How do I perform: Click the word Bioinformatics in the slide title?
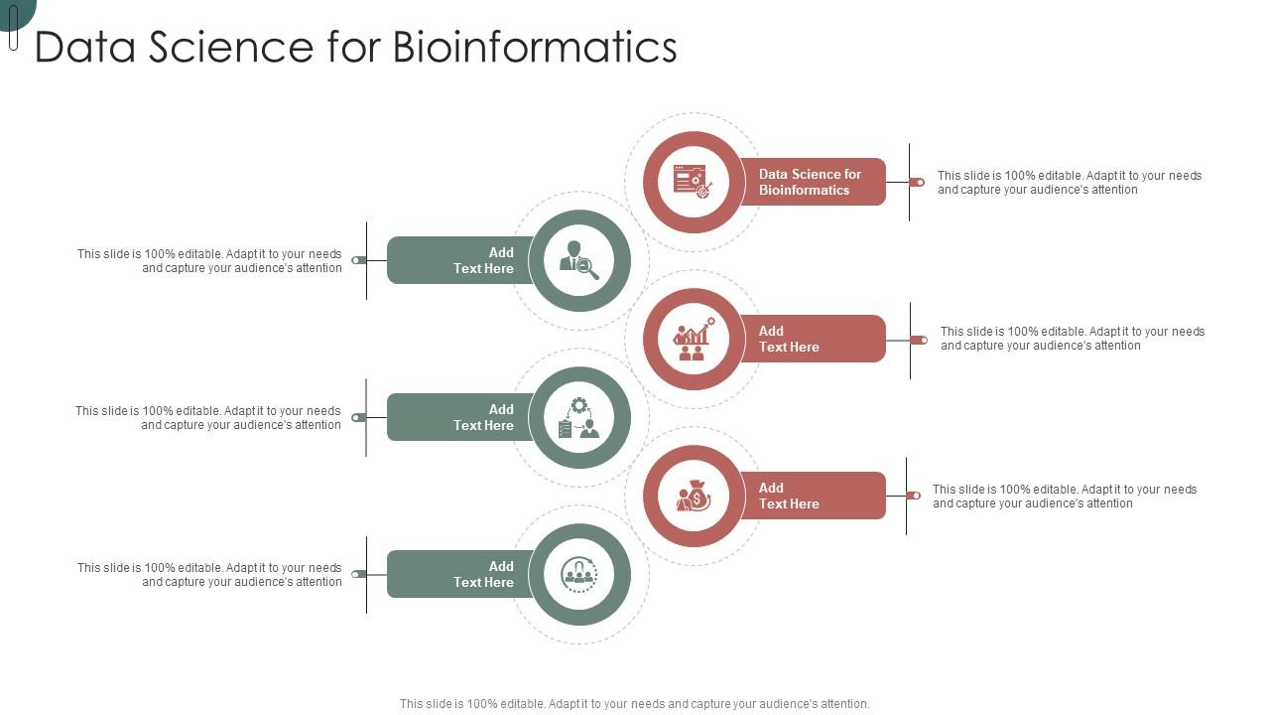tap(535, 47)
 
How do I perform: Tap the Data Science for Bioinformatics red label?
tap(810, 182)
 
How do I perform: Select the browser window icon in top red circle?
tap(693, 182)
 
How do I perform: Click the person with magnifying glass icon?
tap(579, 260)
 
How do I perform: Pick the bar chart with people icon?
tap(693, 339)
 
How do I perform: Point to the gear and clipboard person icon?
tap(579, 417)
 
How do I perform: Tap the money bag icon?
tap(693, 496)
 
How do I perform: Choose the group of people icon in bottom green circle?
tap(579, 574)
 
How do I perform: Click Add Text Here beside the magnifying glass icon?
tap(483, 260)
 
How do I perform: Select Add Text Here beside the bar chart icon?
tap(789, 339)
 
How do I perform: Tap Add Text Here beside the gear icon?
tap(483, 417)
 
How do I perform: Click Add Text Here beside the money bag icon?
tap(789, 496)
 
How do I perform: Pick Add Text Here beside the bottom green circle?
tap(483, 574)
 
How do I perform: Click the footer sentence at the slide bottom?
tap(634, 704)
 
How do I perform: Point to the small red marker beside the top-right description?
tap(918, 182)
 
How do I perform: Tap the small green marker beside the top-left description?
tap(359, 260)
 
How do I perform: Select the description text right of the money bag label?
tap(1064, 496)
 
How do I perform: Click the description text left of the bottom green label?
tap(209, 574)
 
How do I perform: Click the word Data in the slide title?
tap(85, 47)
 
